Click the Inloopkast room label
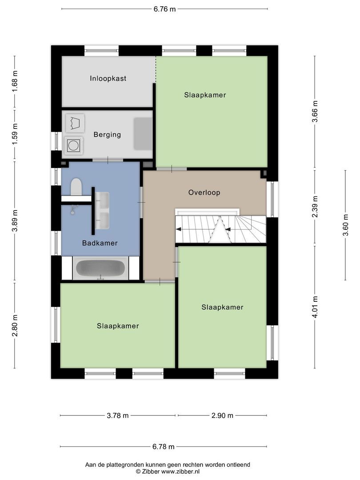[x=108, y=79]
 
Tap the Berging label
[x=107, y=135]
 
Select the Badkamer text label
[x=100, y=243]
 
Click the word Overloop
[x=204, y=193]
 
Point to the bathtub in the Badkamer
[x=100, y=268]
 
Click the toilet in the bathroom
[x=76, y=187]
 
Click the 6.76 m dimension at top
[x=164, y=9]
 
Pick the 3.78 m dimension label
[x=118, y=416]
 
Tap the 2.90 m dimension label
[x=222, y=416]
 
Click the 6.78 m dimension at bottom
[x=164, y=447]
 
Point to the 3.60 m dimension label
[x=346, y=225]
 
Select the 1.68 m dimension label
[x=15, y=82]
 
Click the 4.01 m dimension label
[x=315, y=307]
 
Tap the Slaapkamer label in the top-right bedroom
[x=205, y=95]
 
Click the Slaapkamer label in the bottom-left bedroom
[x=118, y=326]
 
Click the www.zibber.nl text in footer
[x=180, y=471]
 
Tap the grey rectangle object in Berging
[x=143, y=133]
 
